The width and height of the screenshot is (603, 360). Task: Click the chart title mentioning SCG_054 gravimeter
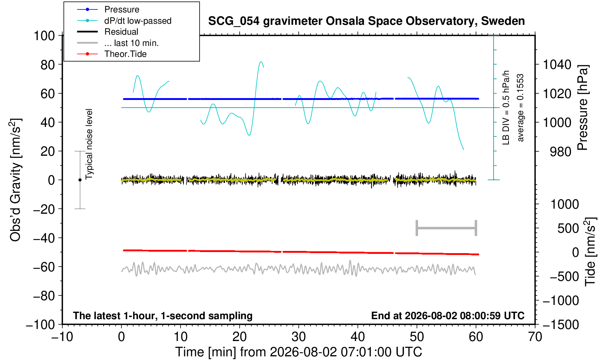pos(366,21)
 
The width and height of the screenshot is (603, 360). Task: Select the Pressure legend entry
pos(122,10)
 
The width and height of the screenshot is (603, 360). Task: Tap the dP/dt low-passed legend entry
pos(138,21)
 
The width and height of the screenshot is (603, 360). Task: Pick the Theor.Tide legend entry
pos(125,54)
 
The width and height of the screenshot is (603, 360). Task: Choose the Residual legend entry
pos(121,32)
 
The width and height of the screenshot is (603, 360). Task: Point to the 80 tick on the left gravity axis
pos(48,65)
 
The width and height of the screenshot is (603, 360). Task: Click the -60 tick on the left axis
pos(44,267)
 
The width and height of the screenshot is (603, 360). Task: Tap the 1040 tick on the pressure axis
pos(557,65)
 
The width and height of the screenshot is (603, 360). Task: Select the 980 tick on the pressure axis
pos(560,152)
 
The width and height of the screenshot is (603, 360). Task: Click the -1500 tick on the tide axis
pos(561,325)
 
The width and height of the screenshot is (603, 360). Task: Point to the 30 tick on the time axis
pos(298,337)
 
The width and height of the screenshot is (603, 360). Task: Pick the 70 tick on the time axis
pos(535,337)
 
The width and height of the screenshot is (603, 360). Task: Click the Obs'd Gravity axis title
pos(15,180)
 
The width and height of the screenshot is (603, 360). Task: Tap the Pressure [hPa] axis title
pos(583,108)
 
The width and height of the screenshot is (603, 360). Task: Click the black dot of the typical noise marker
pos(80,180)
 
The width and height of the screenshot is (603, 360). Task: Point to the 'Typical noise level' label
pos(89,144)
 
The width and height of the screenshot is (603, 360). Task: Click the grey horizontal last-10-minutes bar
pos(447,228)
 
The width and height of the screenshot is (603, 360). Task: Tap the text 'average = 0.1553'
pos(520,108)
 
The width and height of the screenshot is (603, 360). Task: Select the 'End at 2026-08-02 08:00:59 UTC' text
pos(448,316)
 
